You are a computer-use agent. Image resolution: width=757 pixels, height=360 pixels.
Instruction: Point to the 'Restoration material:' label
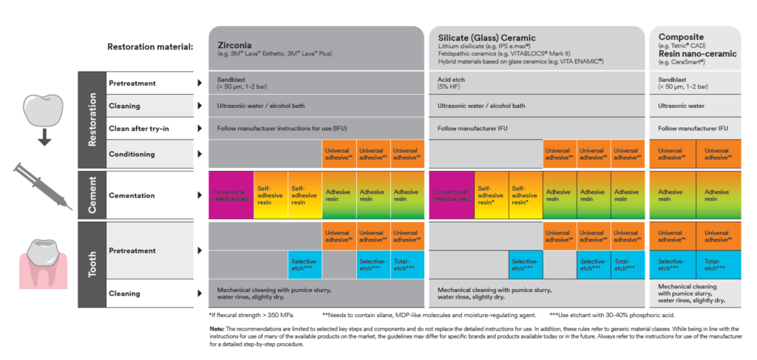150,47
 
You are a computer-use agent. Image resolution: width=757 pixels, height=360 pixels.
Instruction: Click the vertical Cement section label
92,195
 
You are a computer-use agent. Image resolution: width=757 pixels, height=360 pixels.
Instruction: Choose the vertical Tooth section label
92,264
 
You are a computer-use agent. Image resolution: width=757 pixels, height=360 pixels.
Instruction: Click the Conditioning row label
133,154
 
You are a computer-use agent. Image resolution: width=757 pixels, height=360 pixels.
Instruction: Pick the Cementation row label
132,196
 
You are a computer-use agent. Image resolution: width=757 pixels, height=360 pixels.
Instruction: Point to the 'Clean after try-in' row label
140,129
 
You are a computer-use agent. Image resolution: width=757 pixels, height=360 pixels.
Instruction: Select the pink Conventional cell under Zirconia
231,195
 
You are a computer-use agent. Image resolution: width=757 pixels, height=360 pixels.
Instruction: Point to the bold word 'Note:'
217,328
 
